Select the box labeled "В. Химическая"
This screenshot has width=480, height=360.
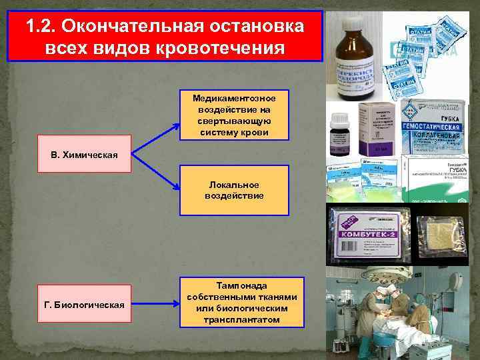84,155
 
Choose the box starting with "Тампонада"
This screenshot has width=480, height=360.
242,302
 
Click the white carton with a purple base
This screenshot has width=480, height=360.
379,129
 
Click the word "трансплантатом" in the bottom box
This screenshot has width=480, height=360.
242,319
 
